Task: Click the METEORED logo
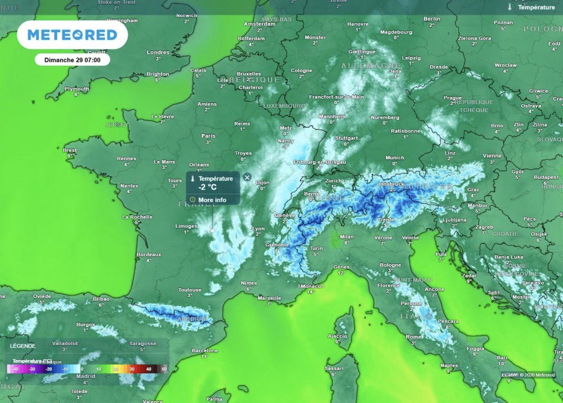pos(72,35)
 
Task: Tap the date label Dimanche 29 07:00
pos(72,60)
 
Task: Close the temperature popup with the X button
pos(247,177)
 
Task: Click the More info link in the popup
pos(212,200)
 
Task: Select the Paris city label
pos(208,136)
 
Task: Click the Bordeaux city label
pos(149,254)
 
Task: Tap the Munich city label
pos(395,158)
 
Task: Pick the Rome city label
pos(413,337)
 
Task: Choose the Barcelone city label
pos(205,351)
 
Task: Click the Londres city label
pos(158,52)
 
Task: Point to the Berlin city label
pos(432,19)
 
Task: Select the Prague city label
pos(449,97)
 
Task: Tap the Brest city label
pos(70,150)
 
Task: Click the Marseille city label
pos(269,298)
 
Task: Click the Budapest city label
pos(546,178)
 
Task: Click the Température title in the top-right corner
pos(536,7)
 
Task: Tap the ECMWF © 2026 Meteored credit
pos(527,374)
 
